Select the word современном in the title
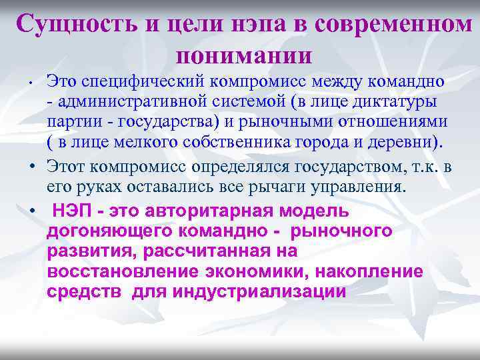click(393, 25)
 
